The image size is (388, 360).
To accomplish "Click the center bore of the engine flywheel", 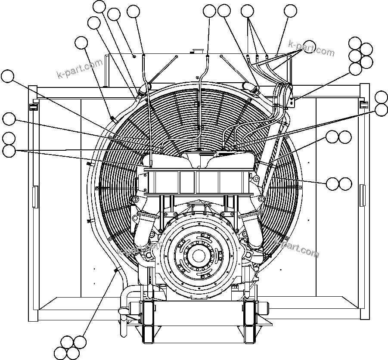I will (x=199, y=255).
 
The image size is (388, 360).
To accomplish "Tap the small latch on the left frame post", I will (x=31, y=106).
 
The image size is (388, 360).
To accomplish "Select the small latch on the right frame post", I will (x=363, y=105).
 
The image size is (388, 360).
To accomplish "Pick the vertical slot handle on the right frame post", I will (x=363, y=193).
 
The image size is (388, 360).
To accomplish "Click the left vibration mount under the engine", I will (x=147, y=319).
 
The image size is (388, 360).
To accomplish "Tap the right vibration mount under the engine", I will (x=250, y=319).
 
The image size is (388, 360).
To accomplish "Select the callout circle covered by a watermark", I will (x=309, y=46).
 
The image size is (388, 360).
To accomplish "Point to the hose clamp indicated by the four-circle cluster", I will (x=115, y=270).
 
